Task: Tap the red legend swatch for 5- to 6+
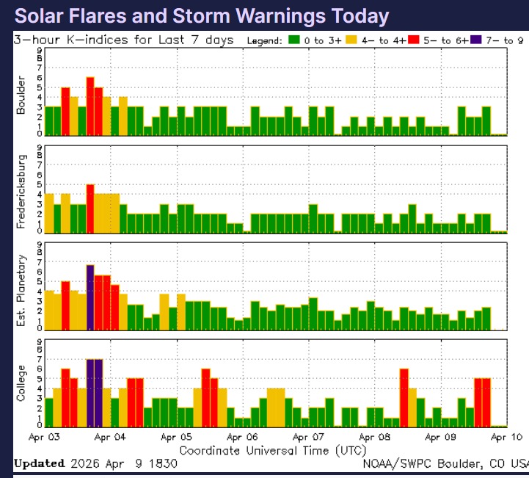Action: point(416,40)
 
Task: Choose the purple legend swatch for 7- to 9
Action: point(478,40)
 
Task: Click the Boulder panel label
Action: point(21,95)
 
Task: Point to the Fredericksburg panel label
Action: point(21,190)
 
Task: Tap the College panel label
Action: point(21,383)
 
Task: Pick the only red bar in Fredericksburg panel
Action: point(90,208)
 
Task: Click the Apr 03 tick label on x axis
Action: point(45,437)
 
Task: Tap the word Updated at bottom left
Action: point(39,463)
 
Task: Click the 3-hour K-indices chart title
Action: point(123,40)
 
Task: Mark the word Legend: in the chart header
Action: point(263,40)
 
